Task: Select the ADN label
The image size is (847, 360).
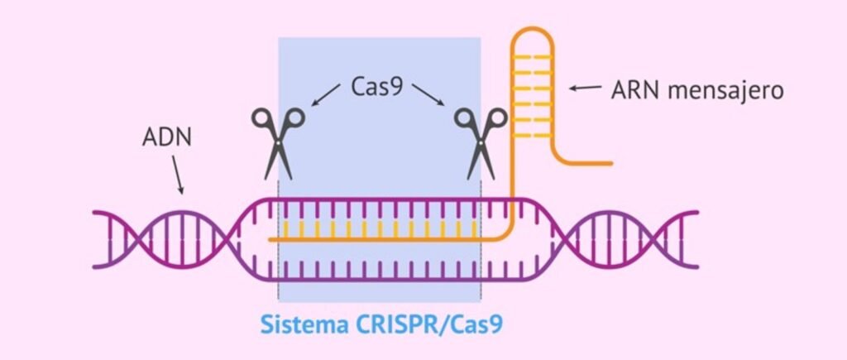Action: tap(166, 137)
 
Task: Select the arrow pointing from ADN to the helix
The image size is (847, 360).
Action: tap(179, 175)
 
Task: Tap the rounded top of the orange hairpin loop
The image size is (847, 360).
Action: tap(530, 33)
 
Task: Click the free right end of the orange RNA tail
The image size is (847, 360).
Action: tap(610, 163)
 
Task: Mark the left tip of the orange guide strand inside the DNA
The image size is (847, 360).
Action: tap(270, 240)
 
